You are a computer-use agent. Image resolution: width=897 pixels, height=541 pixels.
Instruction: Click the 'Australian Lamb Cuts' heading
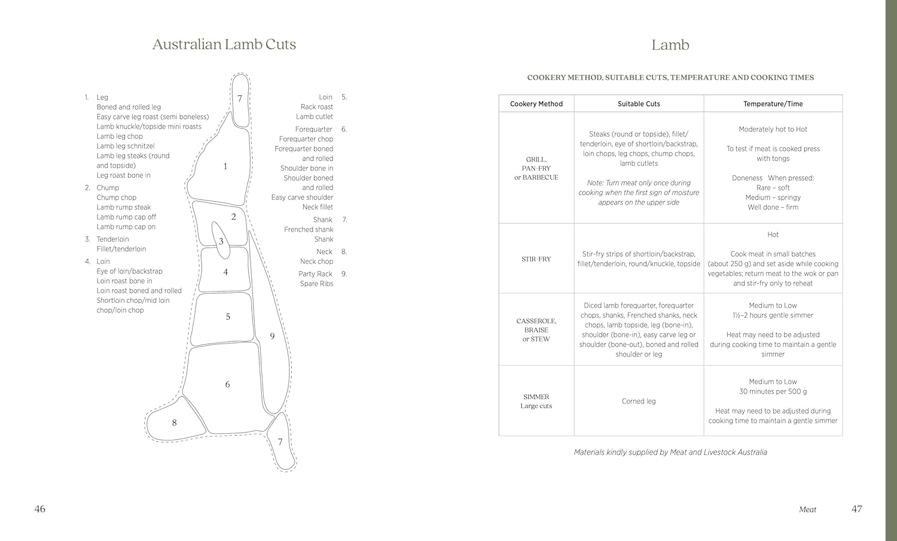(x=224, y=44)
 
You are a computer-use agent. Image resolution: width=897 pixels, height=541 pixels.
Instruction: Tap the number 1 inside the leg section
(x=225, y=166)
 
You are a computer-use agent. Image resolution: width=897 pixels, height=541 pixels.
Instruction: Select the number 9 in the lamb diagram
(x=272, y=336)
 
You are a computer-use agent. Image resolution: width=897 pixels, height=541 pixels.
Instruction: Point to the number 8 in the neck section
(x=174, y=423)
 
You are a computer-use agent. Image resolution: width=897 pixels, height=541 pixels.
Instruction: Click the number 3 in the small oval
(x=221, y=242)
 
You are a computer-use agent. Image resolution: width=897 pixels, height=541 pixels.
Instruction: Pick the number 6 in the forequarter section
(x=227, y=385)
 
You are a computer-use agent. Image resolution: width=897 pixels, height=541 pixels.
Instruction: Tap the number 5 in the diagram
(x=228, y=317)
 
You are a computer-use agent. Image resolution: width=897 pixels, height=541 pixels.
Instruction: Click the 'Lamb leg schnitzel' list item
(x=126, y=146)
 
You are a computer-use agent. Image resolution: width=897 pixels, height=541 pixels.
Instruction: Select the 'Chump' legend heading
(x=108, y=188)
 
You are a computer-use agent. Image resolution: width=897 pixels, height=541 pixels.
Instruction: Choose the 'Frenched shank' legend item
(x=309, y=230)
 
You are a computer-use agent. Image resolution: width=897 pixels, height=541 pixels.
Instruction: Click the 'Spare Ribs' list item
(x=316, y=284)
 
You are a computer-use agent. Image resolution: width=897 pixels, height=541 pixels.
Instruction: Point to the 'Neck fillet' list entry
(x=318, y=207)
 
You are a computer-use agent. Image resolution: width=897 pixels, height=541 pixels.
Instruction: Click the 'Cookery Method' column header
(x=536, y=104)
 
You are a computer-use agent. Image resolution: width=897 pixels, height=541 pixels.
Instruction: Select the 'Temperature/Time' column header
(x=773, y=104)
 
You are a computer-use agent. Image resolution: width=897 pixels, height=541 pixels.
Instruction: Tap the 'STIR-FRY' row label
(x=536, y=259)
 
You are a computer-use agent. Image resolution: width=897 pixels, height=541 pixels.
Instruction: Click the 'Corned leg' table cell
(x=639, y=401)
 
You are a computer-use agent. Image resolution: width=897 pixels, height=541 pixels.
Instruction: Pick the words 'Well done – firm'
(x=773, y=208)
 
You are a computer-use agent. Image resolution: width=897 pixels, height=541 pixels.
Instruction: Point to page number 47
(x=856, y=509)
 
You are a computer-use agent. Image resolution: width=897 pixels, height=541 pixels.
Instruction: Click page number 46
(x=39, y=509)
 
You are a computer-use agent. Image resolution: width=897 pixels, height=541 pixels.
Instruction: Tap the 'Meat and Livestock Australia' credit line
(x=670, y=452)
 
